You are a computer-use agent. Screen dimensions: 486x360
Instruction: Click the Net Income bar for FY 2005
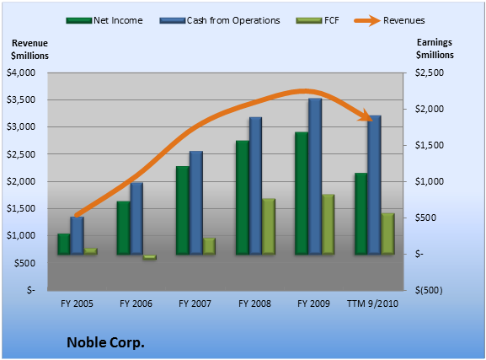[x=64, y=244]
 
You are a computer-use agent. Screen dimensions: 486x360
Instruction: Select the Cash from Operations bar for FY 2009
[x=315, y=176]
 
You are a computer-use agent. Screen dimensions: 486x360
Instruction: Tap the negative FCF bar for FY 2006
[x=149, y=257]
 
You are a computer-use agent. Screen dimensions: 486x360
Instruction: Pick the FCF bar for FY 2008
[x=269, y=227]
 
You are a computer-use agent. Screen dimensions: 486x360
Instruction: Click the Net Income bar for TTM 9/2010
[x=361, y=214]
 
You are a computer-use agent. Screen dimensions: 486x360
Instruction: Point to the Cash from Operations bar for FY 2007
[x=196, y=203]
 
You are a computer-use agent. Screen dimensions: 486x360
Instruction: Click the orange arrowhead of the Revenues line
[x=366, y=116]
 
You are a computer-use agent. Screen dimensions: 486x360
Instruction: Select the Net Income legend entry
[x=104, y=20]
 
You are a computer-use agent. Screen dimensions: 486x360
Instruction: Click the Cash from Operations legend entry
[x=220, y=20]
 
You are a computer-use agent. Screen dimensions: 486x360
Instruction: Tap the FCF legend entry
[x=318, y=20]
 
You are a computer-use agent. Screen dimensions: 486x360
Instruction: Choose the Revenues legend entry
[x=390, y=20]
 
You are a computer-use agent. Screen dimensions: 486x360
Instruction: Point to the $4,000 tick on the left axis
[x=21, y=73]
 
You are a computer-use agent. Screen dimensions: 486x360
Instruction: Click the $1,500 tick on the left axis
[x=21, y=208]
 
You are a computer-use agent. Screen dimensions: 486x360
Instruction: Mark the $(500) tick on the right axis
[x=429, y=290]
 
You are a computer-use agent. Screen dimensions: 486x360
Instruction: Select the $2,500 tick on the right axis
[x=430, y=73]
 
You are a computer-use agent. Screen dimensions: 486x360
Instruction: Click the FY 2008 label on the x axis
[x=254, y=304]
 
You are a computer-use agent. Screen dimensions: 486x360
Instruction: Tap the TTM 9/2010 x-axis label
[x=372, y=304]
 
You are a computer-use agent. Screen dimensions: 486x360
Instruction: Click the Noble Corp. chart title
[x=105, y=342]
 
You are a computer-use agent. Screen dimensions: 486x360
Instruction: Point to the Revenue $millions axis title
[x=29, y=50]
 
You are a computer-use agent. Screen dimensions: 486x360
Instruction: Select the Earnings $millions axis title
[x=435, y=48]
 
